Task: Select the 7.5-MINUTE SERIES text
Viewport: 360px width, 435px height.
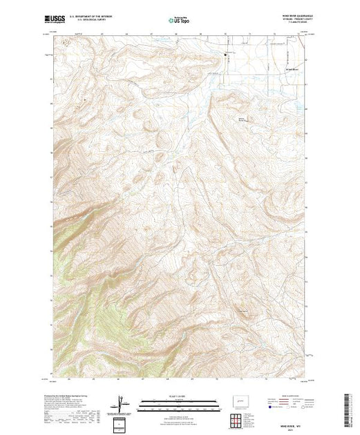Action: pyautogui.click(x=290, y=23)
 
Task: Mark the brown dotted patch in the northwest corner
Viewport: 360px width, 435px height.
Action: pyautogui.click(x=66, y=42)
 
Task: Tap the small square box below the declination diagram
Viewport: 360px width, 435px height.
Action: pyautogui.click(x=122, y=423)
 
